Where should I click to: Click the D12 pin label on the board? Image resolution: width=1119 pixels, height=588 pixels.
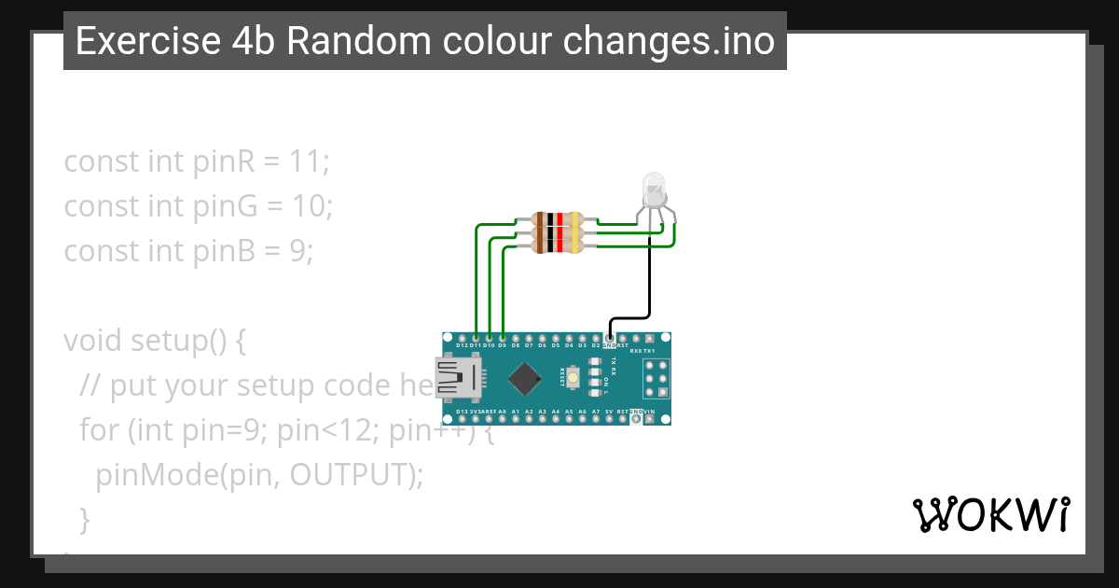(x=463, y=345)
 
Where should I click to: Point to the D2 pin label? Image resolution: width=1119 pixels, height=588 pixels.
(x=595, y=345)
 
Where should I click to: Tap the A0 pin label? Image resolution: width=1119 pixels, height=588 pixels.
(x=502, y=412)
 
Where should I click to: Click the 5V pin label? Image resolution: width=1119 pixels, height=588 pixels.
(x=609, y=412)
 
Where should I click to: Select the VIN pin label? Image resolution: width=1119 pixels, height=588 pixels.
(x=649, y=412)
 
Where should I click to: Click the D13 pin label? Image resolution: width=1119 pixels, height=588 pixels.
(x=463, y=412)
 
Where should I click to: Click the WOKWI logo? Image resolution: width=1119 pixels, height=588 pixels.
(x=990, y=514)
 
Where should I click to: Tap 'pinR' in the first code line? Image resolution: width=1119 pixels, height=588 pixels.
(x=220, y=161)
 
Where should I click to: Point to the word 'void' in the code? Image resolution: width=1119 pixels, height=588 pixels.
(x=91, y=341)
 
